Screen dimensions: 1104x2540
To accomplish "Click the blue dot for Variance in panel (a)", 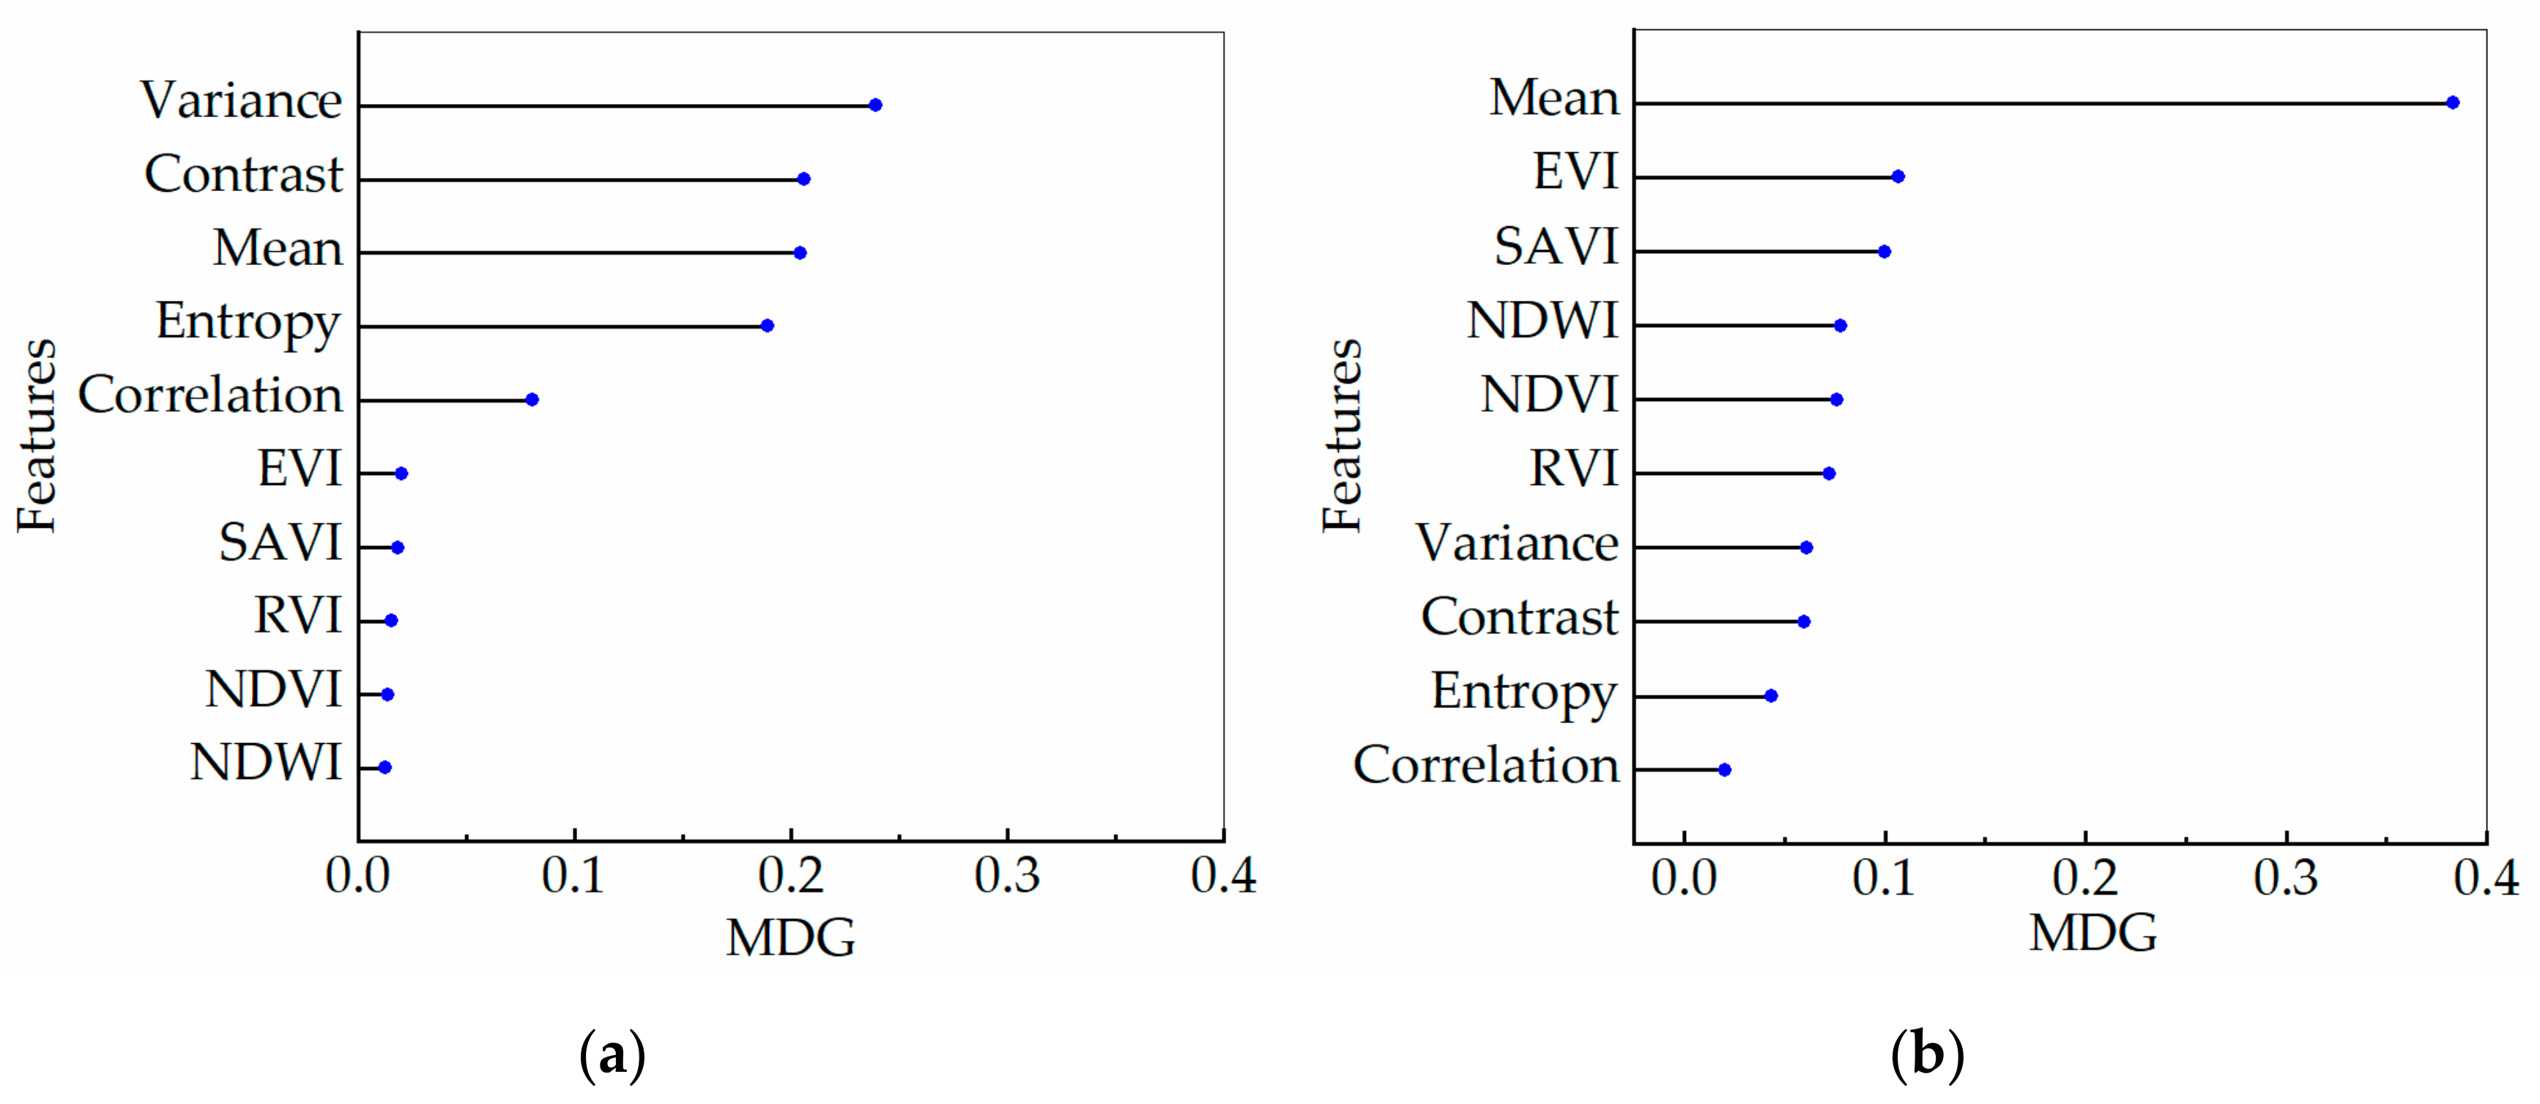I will pos(874,105).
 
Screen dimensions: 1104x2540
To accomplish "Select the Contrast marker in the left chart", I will pos(803,179).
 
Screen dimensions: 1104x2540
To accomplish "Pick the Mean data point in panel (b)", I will pos(2452,102).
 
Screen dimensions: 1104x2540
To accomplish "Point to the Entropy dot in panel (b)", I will pos(1771,696).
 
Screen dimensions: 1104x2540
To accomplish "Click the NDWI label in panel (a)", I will pos(266,763).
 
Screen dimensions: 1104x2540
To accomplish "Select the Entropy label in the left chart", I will pos(248,322).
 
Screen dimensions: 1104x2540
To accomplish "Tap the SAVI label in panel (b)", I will pos(1556,247).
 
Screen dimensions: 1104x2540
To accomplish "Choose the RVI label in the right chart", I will pos(1574,469).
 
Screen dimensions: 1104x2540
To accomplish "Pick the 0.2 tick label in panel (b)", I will pos(2085,877).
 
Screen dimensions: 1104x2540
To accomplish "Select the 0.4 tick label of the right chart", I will pos(2486,877).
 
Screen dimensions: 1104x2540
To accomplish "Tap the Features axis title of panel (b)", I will pos(1343,436).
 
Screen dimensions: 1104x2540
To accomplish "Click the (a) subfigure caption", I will pos(612,1056).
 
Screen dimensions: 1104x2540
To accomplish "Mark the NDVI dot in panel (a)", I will pos(387,695).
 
